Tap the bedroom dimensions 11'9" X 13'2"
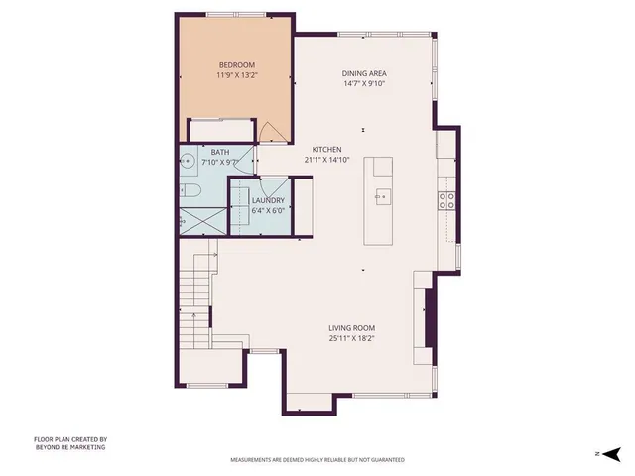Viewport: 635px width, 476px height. [x=236, y=74]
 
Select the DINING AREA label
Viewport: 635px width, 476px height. [x=363, y=73]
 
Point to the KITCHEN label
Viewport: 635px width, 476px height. [x=327, y=149]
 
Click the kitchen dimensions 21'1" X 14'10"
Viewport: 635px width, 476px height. [x=327, y=159]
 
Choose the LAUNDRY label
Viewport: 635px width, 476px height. [x=268, y=200]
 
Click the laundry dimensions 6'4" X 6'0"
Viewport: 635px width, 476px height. [x=268, y=210]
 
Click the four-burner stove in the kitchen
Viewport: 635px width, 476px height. [x=448, y=201]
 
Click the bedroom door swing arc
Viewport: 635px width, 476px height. [x=269, y=132]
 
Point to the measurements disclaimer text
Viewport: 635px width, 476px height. [x=317, y=460]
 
